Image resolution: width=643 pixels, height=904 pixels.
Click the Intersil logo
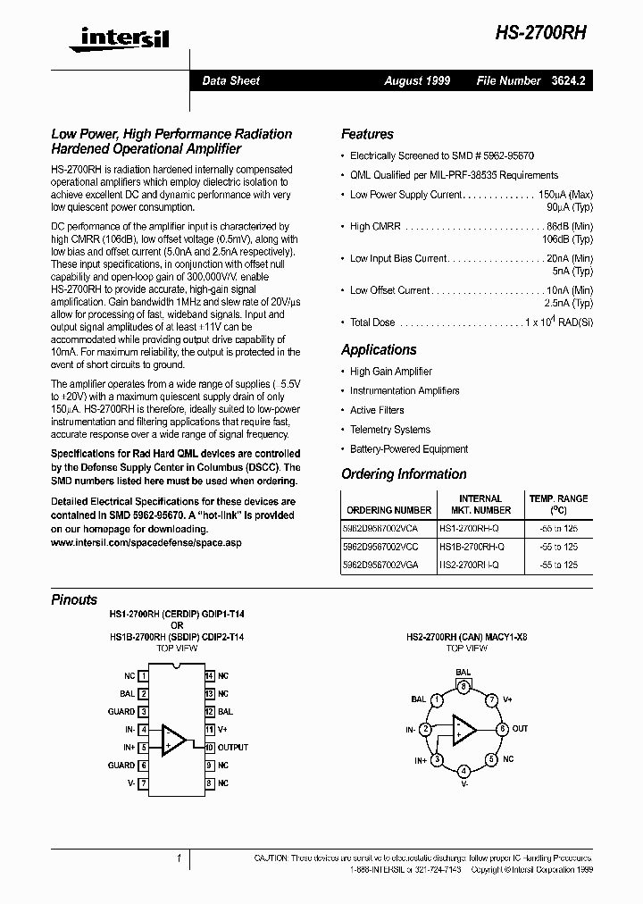coord(112,36)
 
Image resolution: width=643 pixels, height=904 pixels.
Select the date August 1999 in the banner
coord(417,80)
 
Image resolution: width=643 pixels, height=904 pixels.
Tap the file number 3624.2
coord(568,80)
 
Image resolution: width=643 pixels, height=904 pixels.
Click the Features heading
coord(367,134)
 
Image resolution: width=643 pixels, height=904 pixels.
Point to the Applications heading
coord(379,350)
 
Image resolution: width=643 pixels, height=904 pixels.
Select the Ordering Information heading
coord(404,474)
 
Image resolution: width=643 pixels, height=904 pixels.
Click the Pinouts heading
coord(74,600)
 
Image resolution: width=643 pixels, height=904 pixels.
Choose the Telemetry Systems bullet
coord(389,430)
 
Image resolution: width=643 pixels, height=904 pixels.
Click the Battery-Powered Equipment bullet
coord(408,449)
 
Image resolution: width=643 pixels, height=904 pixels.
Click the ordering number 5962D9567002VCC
coord(388,547)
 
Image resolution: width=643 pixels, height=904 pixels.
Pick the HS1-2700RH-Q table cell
coord(472,530)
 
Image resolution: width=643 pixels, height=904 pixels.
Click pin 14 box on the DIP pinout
coord(209,676)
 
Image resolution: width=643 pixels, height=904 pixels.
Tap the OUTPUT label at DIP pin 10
coord(233,747)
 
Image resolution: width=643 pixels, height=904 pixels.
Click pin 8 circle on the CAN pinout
coord(463,686)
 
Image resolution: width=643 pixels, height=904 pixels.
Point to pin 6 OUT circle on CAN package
coord(502,729)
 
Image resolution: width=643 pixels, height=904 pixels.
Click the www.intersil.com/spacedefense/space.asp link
coord(146,542)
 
